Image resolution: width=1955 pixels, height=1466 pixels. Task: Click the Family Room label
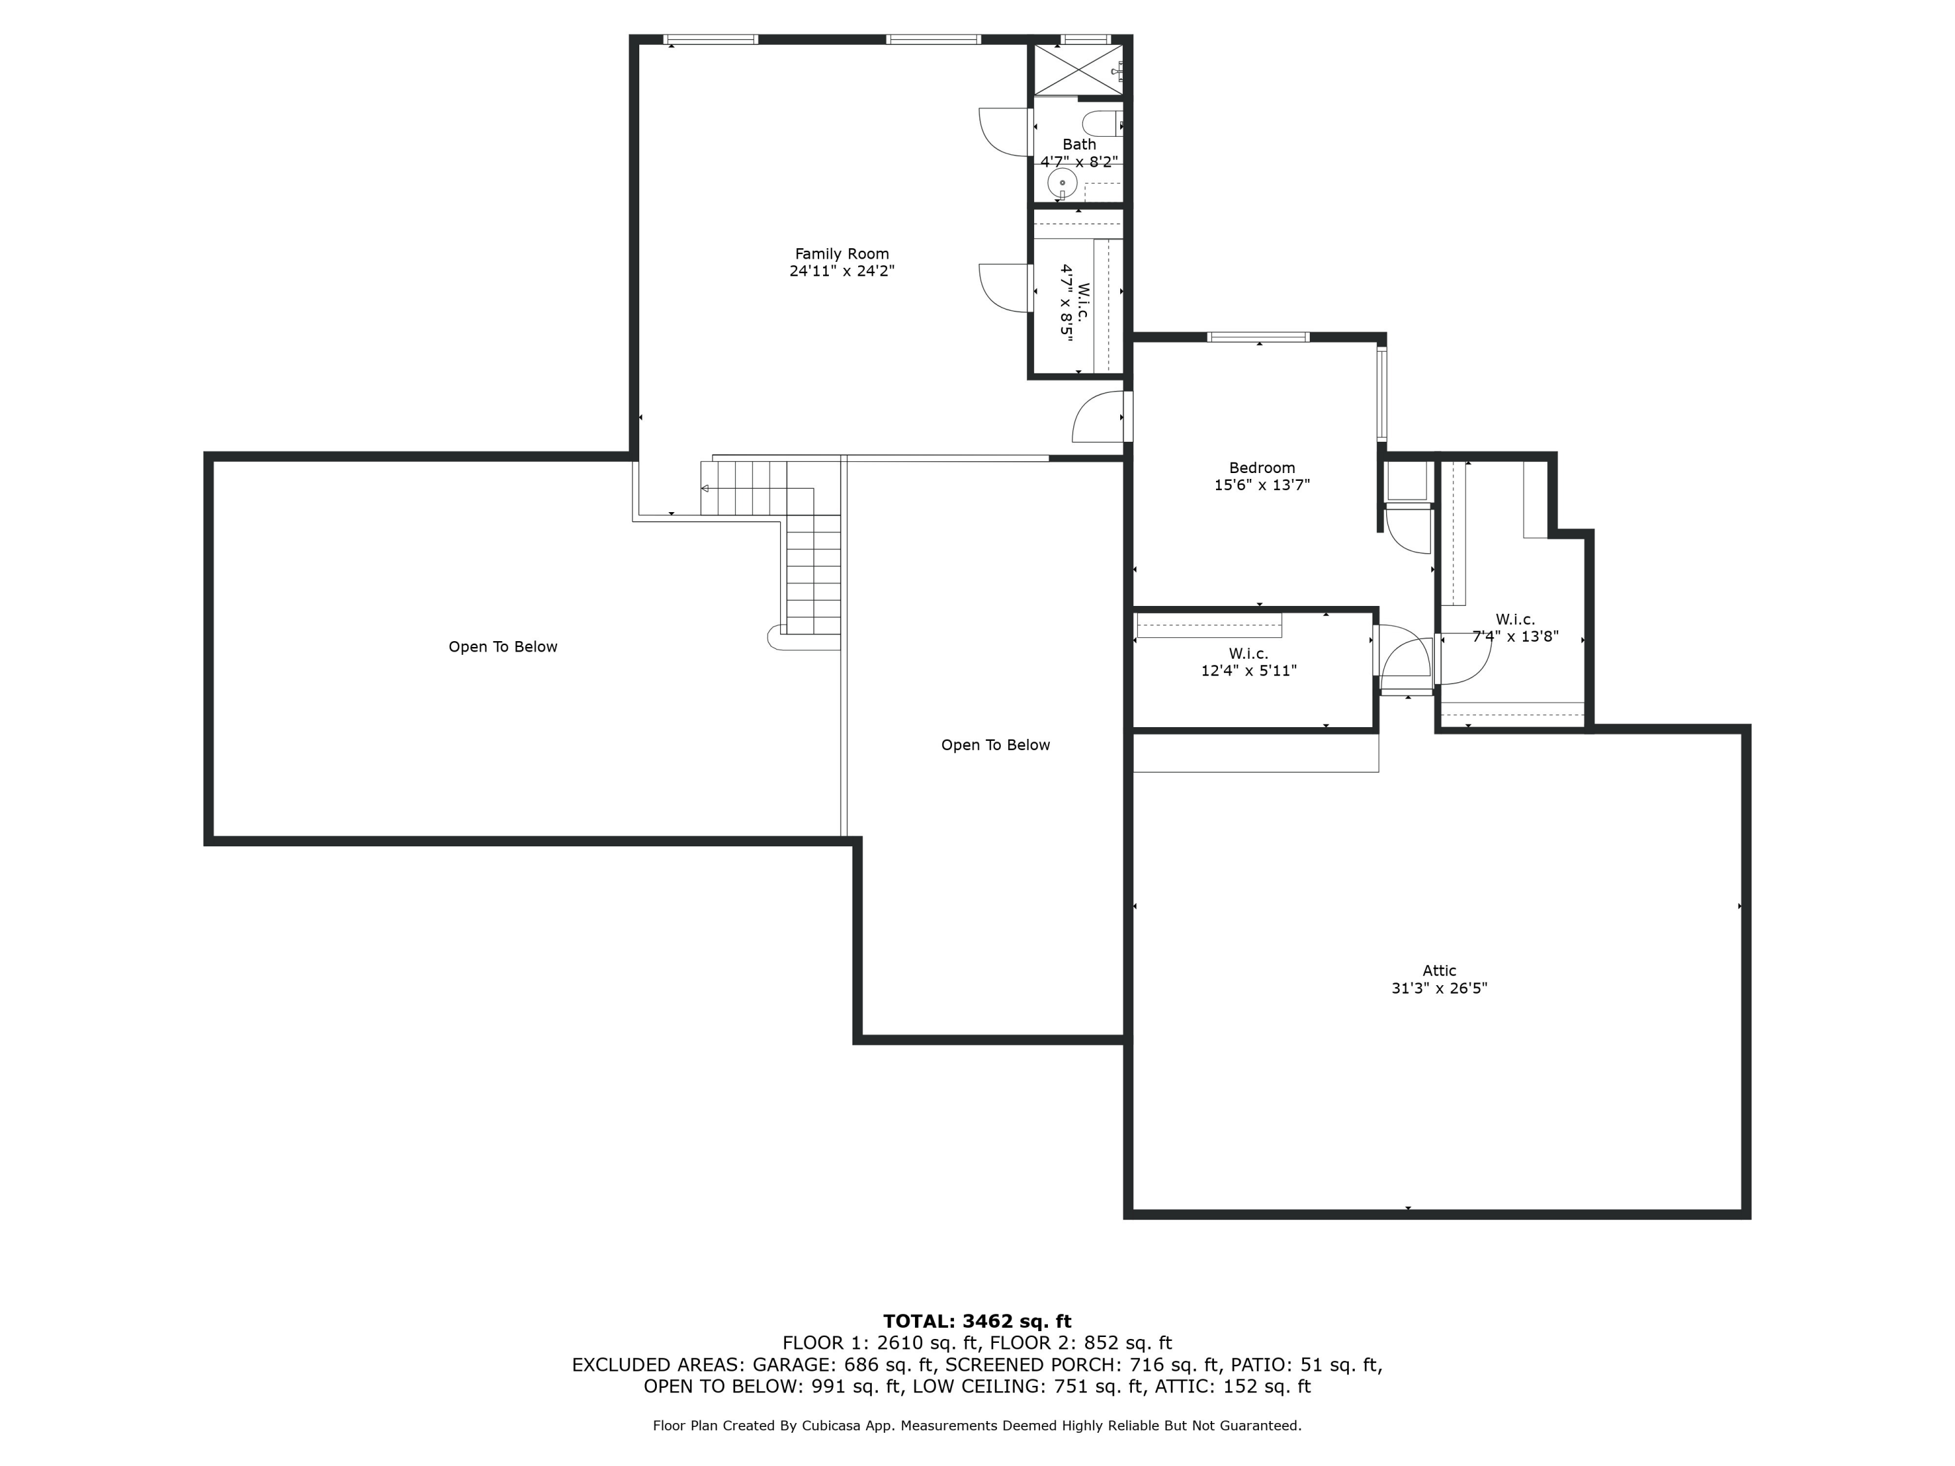click(841, 253)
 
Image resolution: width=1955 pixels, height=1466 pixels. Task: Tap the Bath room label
click(1079, 144)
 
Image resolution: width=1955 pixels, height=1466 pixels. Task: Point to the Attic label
click(1439, 970)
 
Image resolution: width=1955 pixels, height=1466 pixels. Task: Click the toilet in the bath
click(1101, 124)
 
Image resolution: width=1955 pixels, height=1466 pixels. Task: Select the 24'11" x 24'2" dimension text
click(841, 271)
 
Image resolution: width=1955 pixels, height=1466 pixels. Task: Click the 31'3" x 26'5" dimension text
click(1439, 988)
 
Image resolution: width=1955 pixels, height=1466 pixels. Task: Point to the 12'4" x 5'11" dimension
click(1248, 670)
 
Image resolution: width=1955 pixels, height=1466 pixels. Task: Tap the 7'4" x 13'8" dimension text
click(1515, 636)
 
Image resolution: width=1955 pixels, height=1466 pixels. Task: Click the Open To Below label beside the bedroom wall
click(995, 745)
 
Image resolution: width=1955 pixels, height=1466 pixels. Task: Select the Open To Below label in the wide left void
click(503, 647)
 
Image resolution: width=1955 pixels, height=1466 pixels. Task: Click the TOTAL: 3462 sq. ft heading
click(977, 1321)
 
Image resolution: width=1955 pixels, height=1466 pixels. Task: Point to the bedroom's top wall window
click(1258, 337)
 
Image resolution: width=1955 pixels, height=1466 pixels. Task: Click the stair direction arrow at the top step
click(704, 489)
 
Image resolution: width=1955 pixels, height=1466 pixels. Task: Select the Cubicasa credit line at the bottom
click(977, 1426)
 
